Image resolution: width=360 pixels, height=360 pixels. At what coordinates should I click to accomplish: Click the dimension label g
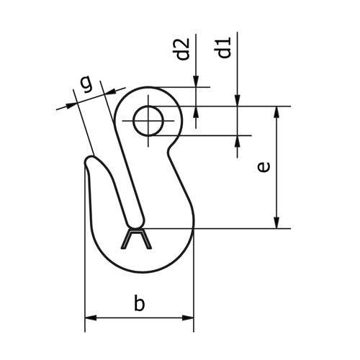click(86, 84)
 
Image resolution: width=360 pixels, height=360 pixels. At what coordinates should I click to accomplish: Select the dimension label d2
click(183, 50)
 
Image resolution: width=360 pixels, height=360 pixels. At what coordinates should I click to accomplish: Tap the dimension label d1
click(225, 50)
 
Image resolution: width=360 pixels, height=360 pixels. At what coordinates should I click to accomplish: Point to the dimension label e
click(264, 166)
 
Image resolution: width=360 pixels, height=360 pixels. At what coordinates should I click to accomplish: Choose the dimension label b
click(140, 304)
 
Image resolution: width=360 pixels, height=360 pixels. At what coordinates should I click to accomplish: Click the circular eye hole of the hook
click(148, 121)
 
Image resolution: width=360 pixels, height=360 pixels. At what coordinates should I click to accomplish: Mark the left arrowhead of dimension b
click(91, 317)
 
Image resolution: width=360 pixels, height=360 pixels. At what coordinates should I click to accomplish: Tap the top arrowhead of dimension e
click(276, 112)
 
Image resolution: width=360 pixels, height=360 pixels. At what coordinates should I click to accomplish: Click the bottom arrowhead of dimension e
click(276, 223)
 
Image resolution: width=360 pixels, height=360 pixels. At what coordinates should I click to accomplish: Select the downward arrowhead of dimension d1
click(238, 101)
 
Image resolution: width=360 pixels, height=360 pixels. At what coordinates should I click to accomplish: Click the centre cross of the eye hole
click(148, 121)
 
